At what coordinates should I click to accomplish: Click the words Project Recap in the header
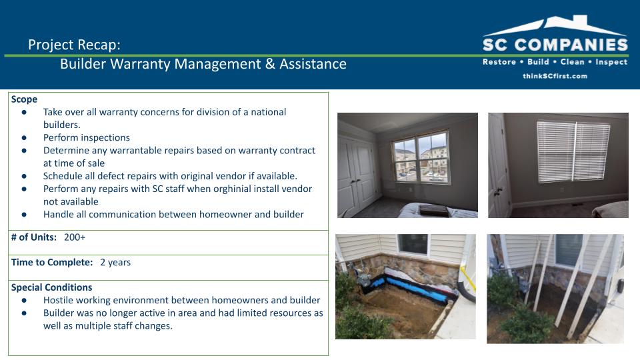73,45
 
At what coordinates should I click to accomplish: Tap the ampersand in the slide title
270,64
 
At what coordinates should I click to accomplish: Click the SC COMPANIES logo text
555,45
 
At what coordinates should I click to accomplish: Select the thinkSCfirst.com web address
555,76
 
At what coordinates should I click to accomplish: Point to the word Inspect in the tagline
611,62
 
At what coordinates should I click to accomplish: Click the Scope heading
24,99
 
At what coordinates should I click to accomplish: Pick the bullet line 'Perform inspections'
87,137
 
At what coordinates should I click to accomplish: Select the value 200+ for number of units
74,237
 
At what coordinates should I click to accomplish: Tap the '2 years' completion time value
115,262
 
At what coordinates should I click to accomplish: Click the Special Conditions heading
51,287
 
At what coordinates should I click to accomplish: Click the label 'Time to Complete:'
52,262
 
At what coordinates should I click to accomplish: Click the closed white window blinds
573,151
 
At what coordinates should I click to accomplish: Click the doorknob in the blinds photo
498,191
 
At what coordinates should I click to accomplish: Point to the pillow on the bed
434,210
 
